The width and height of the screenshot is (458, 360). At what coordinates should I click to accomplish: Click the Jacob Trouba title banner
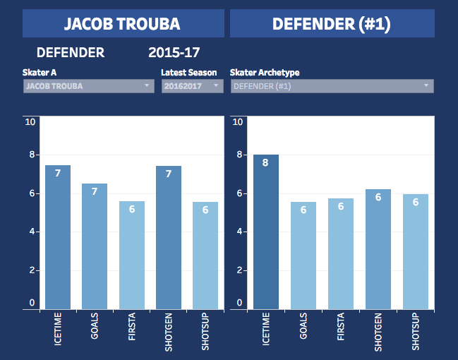click(123, 23)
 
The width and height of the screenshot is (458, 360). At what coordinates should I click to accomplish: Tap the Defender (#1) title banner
click(332, 23)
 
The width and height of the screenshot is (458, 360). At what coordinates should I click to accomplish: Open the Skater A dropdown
click(88, 86)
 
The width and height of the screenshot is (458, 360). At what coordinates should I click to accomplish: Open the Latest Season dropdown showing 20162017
click(192, 86)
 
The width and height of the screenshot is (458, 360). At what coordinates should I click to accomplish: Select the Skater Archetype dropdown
click(332, 86)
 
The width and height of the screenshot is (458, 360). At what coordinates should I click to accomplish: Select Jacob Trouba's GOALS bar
click(95, 246)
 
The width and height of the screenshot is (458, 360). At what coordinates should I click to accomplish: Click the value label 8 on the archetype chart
click(266, 163)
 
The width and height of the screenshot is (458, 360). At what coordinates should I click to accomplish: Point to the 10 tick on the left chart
click(30, 121)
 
